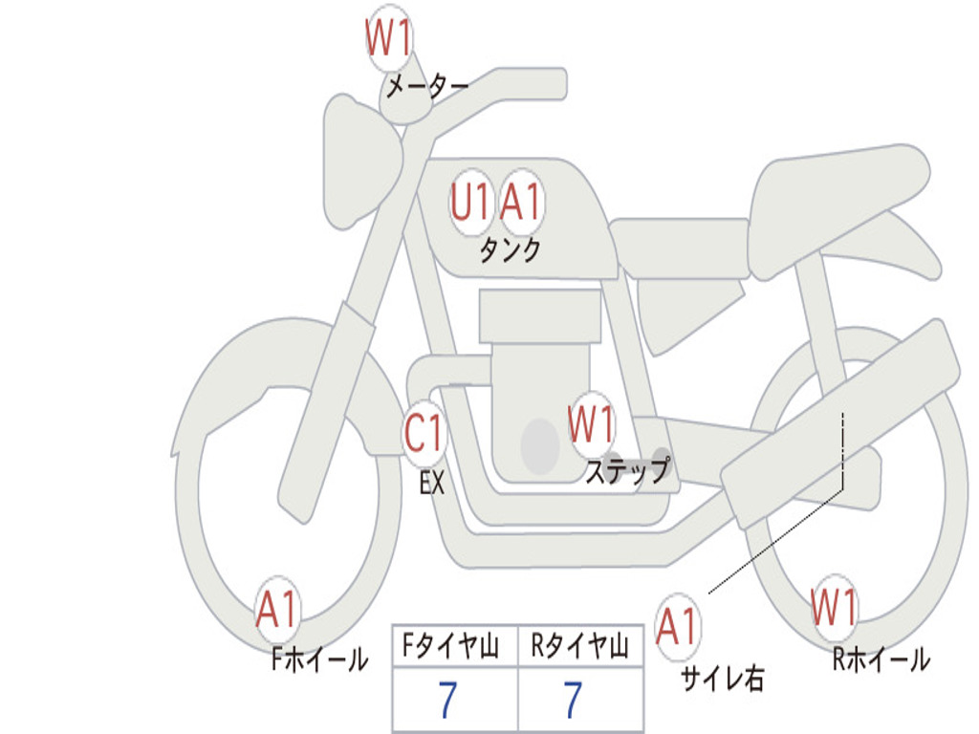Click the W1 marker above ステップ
click(591, 424)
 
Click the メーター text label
click(426, 88)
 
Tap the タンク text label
click(510, 250)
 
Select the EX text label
click(432, 484)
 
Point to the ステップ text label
click(627, 471)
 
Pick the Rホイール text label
click(881, 659)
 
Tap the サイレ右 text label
click(722, 679)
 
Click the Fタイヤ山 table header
click(454, 648)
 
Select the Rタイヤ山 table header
click(579, 648)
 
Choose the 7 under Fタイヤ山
click(447, 702)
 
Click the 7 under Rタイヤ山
click(573, 702)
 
